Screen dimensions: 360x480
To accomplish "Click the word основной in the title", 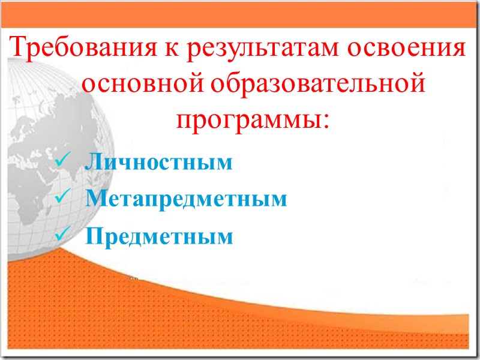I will (142, 85).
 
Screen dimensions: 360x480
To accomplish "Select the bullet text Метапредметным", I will (186, 199).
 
